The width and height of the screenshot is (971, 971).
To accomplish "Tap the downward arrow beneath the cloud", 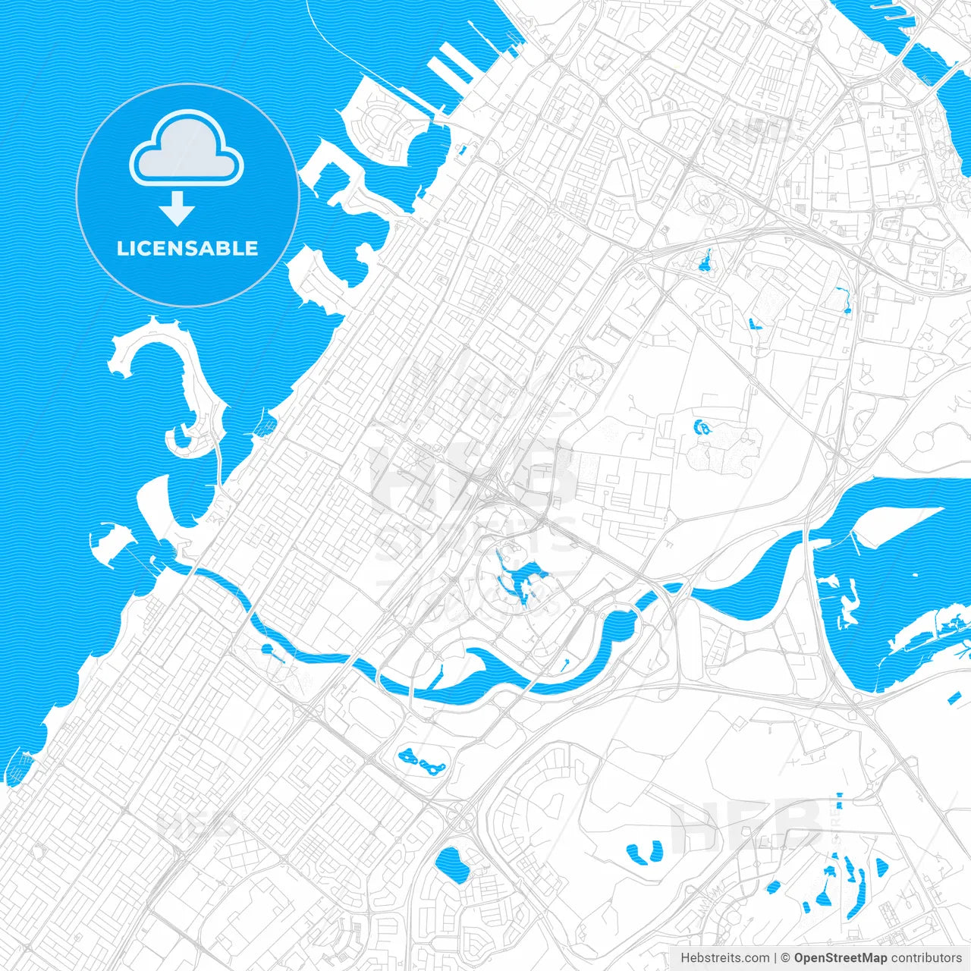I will click(x=178, y=209).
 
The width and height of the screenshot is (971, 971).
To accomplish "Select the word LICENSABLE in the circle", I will click(x=187, y=248).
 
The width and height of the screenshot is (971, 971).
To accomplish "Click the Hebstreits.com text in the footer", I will click(x=724, y=958).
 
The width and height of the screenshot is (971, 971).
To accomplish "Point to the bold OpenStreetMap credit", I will click(x=840, y=958).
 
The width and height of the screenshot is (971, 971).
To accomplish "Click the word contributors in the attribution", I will click(x=925, y=958).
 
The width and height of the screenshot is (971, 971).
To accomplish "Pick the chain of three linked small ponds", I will click(x=422, y=760).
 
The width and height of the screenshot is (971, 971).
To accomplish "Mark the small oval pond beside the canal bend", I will click(x=266, y=649).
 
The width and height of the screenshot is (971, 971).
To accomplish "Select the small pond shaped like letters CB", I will click(x=702, y=428).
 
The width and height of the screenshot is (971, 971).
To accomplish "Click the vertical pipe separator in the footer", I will click(x=775, y=958).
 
